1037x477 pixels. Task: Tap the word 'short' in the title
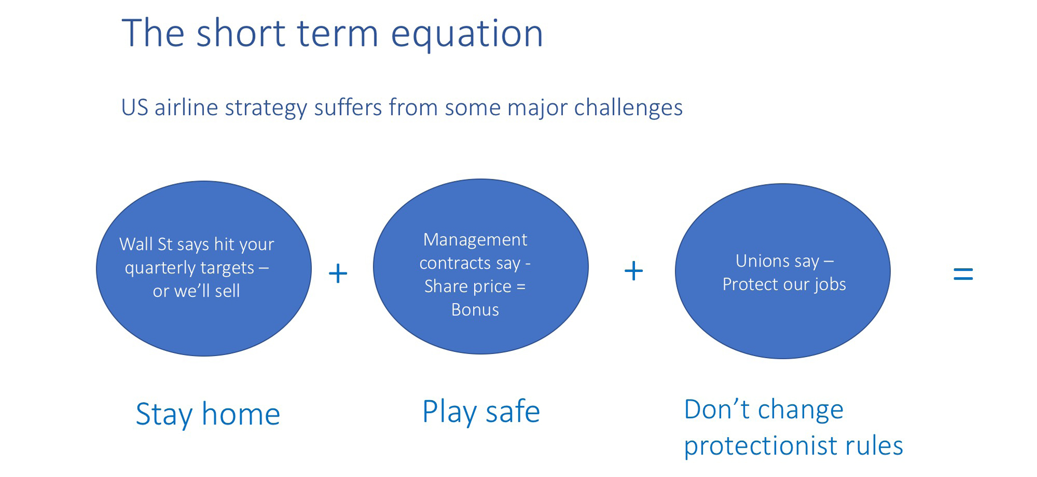click(x=240, y=33)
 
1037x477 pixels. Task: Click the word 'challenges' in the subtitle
click(x=628, y=108)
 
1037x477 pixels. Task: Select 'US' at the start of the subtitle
click(x=134, y=108)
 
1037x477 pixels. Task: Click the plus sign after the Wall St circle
click(x=338, y=273)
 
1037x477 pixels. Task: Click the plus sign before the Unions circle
click(x=633, y=271)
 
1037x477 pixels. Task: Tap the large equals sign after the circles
click(x=963, y=273)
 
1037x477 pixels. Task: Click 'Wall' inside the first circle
click(x=136, y=244)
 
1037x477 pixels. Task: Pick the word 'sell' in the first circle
click(x=227, y=291)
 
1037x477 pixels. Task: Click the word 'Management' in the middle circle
click(x=475, y=240)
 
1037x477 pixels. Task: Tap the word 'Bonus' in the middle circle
click(x=475, y=310)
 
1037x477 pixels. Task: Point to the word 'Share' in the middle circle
click(x=446, y=286)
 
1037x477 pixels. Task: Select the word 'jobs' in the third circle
click(x=830, y=285)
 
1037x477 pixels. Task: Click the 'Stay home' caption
click(x=208, y=414)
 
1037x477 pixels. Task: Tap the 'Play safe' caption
click(x=481, y=412)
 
